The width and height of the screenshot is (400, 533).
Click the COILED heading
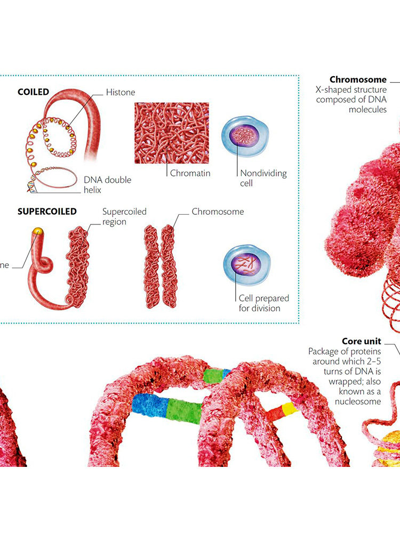tap(33, 92)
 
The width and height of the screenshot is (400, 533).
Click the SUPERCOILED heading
tap(47, 211)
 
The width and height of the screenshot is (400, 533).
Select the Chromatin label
tap(190, 173)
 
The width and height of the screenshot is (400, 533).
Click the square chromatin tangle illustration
tap(171, 133)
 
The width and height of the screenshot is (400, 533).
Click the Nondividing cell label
tap(263, 178)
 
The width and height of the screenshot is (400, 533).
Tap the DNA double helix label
tap(107, 185)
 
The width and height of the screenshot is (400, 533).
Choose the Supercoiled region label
tap(124, 216)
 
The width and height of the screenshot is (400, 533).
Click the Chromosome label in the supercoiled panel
tap(218, 212)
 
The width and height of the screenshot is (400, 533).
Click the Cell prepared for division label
tap(259, 303)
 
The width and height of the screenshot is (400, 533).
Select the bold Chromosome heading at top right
tap(358, 80)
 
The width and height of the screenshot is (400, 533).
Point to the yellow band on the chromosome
tap(289, 409)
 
